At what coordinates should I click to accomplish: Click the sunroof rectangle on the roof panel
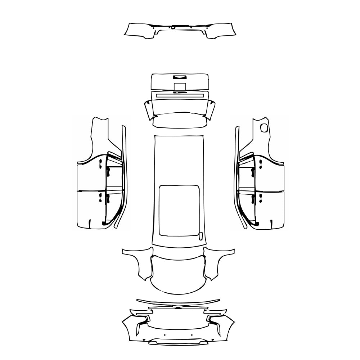(x=179, y=211)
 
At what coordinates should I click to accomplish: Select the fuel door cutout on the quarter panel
(x=265, y=127)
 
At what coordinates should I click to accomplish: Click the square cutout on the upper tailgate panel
(x=180, y=86)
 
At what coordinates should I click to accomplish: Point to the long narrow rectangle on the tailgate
(x=180, y=95)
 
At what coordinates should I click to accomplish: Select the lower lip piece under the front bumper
(x=179, y=342)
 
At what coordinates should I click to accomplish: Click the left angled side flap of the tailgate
(x=148, y=110)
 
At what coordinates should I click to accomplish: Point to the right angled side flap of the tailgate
(x=211, y=110)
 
